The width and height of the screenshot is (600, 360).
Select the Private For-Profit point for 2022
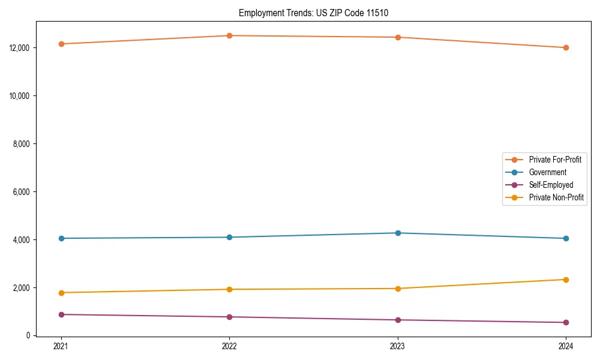(x=229, y=35)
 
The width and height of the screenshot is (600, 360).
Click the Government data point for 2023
(x=398, y=233)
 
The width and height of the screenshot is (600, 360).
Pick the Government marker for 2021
(x=61, y=238)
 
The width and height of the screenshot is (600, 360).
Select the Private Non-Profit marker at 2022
(x=229, y=289)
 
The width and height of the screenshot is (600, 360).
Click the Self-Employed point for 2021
(x=61, y=314)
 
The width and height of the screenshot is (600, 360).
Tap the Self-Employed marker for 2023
(x=398, y=320)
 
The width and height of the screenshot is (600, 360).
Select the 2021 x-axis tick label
(x=61, y=346)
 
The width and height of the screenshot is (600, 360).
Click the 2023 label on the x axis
(x=398, y=346)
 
